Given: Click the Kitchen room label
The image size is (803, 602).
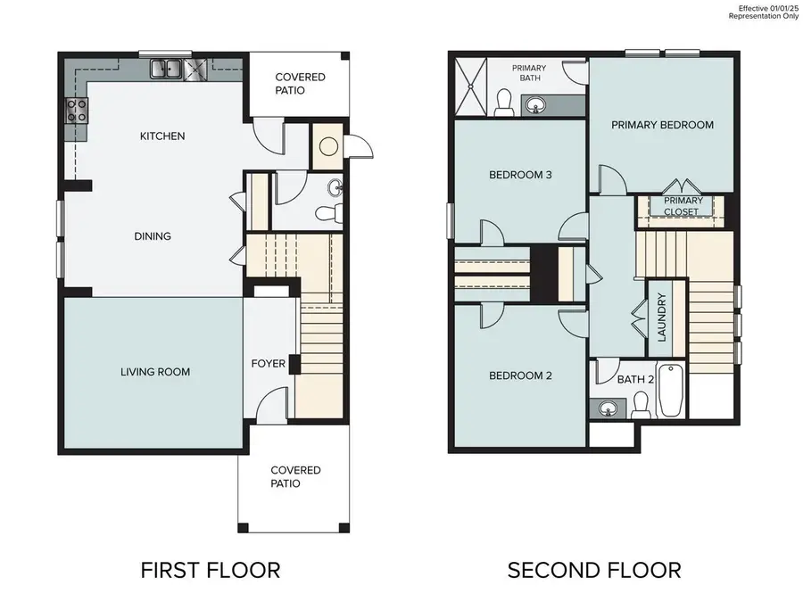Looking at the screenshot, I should [x=162, y=136].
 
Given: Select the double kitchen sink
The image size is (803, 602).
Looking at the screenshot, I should [x=166, y=68].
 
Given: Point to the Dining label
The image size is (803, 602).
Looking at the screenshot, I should [x=153, y=236].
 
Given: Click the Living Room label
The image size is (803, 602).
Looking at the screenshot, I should [x=155, y=372].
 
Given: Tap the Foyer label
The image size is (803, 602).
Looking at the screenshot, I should [x=268, y=364].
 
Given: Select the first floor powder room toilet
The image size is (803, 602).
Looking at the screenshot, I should [x=330, y=212].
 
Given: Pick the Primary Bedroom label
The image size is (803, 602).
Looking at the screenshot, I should [x=662, y=125].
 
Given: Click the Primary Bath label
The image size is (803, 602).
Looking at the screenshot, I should [x=529, y=73].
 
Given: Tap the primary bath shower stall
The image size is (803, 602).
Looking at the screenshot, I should [x=474, y=87].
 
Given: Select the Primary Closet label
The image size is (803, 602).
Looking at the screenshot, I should [x=683, y=206].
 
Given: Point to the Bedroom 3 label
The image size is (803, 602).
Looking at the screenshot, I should [x=520, y=175].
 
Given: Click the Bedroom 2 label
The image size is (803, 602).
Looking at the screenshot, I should [x=520, y=376].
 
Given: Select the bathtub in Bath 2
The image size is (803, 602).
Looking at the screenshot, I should [x=671, y=391].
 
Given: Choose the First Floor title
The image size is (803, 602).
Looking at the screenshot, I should [x=211, y=570].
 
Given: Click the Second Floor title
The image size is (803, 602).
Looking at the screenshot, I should [x=594, y=570].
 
